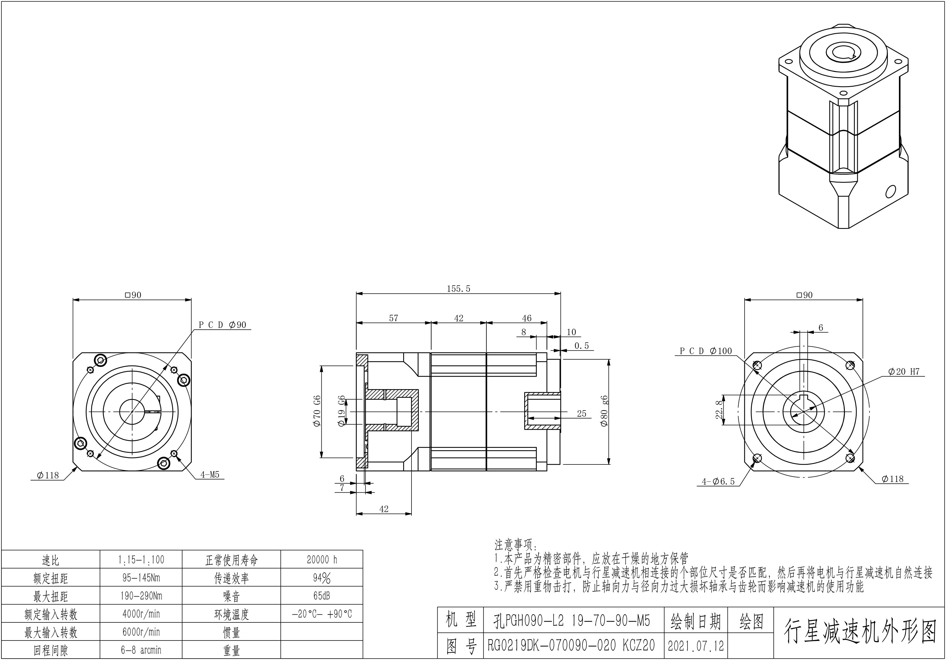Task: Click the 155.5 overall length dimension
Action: click(x=459, y=289)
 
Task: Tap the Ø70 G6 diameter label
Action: click(x=317, y=411)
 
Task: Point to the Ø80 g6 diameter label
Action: click(x=604, y=411)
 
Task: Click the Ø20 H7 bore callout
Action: click(x=903, y=372)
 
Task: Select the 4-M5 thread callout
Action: click(x=210, y=474)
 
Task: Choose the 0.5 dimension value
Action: click(x=582, y=346)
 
